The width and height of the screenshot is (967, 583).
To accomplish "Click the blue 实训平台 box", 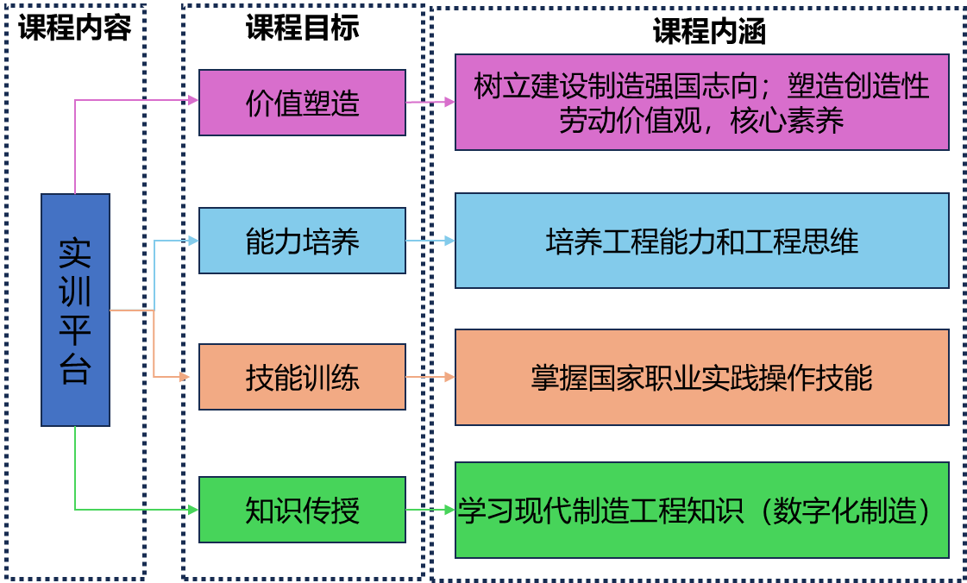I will pos(75,310).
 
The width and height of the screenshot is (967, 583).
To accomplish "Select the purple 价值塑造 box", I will pos(302,103).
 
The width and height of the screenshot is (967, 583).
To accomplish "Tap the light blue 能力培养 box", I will pos(302,241).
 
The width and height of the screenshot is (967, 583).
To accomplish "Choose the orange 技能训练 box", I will pos(302,377).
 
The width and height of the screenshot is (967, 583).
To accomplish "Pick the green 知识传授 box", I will pos(302,510).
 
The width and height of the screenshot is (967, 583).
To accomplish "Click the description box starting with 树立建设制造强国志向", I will pos(701,102).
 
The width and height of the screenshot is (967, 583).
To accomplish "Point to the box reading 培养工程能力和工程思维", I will pos(701,241).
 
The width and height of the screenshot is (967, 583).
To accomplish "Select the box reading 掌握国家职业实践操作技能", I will pos(701,377).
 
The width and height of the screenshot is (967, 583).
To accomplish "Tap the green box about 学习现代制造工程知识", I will pos(701,510).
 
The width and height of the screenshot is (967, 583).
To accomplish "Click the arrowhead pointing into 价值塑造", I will pos(193,100).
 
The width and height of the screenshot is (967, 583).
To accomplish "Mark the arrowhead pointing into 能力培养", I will pos(193,241).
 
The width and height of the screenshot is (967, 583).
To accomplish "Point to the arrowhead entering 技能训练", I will pos(185,377).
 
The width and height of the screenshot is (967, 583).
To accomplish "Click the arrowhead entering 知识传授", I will pos(193,510).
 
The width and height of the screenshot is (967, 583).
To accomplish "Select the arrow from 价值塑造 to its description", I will pos(430,102).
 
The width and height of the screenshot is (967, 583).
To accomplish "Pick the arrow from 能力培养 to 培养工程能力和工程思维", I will pos(430,241).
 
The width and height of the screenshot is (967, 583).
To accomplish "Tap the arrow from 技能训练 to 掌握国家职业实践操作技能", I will pos(430,377).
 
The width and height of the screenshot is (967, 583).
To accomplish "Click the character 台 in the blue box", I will pos(75,370).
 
